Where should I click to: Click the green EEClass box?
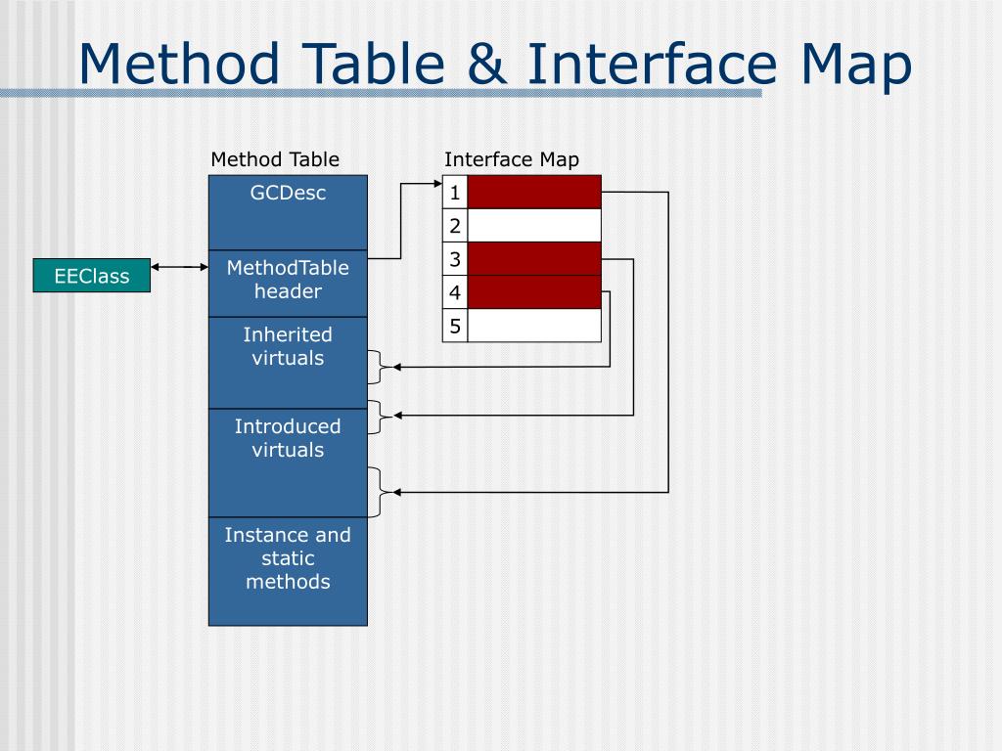coord(92,276)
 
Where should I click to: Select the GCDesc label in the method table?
coord(288,193)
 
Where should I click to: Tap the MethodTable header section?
coord(288,280)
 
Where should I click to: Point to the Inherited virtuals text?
coord(288,346)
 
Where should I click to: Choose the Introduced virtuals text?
coord(288,438)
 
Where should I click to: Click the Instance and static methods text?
coord(288,558)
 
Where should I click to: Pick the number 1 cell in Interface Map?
coord(455,193)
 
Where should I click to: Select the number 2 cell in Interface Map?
coord(455,226)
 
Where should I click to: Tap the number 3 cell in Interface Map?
coord(455,259)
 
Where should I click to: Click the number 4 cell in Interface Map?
coord(455,292)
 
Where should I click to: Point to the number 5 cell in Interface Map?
coord(455,326)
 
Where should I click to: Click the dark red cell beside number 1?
coord(534,193)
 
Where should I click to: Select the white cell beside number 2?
coord(534,226)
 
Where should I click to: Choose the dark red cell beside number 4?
coord(534,292)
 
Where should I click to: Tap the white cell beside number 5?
coord(534,326)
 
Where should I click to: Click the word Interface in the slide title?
coord(652,65)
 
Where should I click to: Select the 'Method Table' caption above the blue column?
coord(275,159)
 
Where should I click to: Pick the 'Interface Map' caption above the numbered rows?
coord(512,159)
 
